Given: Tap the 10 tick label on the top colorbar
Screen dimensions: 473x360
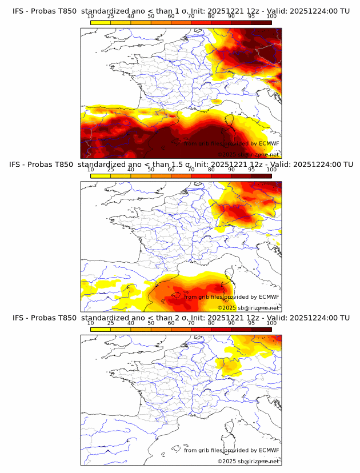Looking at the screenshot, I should [x=91, y=17].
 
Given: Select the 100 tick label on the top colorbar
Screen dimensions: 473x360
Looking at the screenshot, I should [x=271, y=17].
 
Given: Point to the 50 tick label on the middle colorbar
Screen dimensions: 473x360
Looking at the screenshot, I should [x=151, y=170].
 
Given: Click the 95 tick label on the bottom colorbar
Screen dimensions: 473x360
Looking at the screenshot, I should [x=251, y=323].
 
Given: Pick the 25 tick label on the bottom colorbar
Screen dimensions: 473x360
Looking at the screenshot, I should [x=111, y=323].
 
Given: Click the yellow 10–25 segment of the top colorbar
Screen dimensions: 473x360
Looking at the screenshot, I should [x=101, y=22].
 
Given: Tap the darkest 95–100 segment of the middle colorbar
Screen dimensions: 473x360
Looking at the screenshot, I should [x=261, y=175].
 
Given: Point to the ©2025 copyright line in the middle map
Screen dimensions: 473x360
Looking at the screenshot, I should [x=248, y=307].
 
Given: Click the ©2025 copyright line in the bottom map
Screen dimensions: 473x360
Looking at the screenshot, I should [x=248, y=461].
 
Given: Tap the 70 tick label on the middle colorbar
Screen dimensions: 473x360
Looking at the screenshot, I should [x=191, y=170].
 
